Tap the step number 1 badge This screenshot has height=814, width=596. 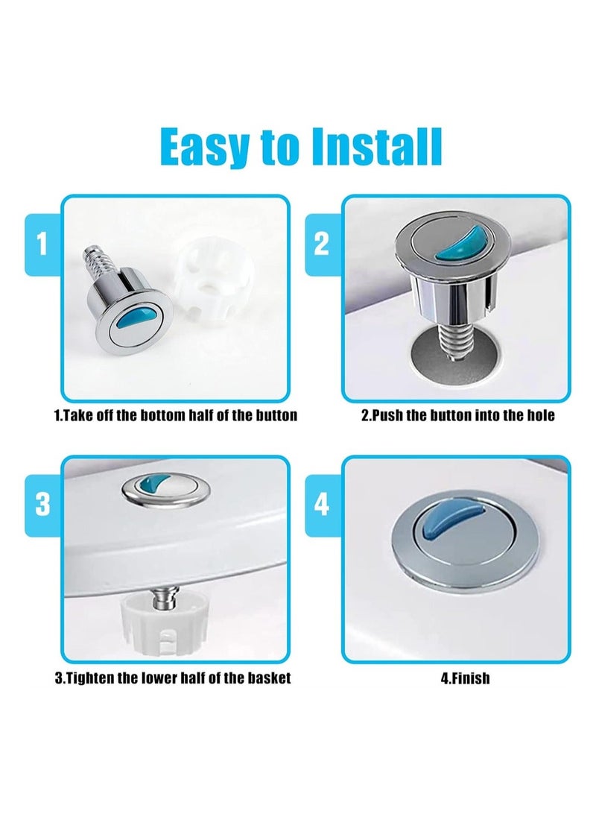42,244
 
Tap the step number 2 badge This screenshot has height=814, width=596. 322,244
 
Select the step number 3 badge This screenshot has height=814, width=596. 42,505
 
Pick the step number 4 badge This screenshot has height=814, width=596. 322,505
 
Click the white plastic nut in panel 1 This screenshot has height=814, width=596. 206,283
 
